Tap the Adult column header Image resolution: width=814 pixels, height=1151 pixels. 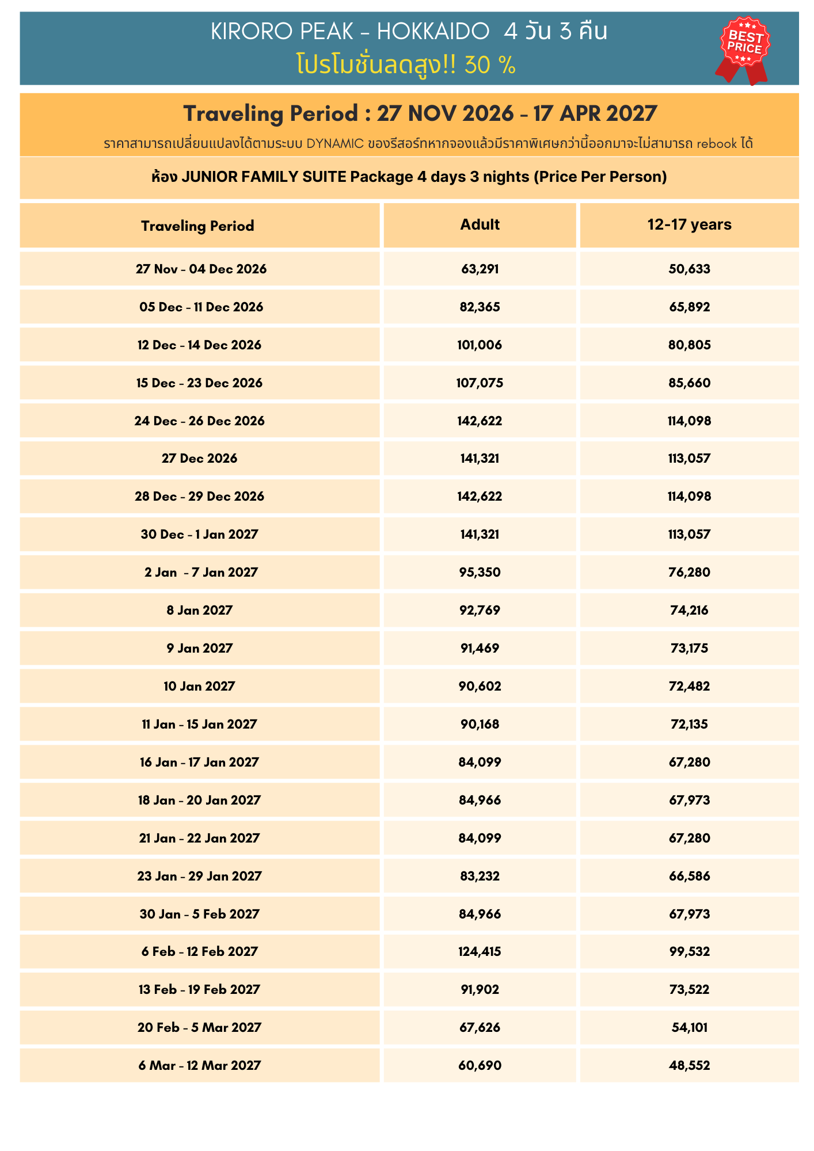480,224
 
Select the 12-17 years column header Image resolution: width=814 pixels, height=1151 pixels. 689,224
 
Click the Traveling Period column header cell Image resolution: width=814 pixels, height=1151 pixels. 197,226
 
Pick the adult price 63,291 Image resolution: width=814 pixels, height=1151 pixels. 480,269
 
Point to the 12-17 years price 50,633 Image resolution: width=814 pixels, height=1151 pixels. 689,269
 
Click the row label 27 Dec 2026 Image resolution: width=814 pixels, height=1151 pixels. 199,458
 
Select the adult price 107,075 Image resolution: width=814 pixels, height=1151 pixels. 480,383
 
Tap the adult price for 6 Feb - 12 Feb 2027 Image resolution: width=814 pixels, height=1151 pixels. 480,951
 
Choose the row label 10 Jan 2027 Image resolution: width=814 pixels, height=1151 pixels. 199,686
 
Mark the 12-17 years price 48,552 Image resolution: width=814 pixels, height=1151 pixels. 689,1065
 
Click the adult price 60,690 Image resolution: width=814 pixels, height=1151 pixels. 480,1065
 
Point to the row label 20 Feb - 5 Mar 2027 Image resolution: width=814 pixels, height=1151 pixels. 199,1027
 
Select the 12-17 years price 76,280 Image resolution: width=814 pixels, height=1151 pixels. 689,572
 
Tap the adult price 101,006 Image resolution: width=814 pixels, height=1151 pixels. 480,345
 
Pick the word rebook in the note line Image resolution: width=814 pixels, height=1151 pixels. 716,143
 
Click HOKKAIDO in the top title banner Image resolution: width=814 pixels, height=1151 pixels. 433,32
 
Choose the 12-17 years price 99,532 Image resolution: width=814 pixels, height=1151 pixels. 689,951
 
